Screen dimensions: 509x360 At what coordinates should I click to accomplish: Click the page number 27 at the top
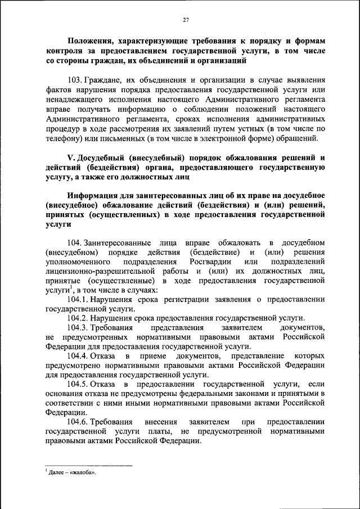point(185,20)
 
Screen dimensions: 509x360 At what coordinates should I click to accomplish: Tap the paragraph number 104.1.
point(78,299)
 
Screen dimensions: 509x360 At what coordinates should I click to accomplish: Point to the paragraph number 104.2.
point(78,318)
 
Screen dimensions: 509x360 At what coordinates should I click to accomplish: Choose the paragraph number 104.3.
point(78,327)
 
